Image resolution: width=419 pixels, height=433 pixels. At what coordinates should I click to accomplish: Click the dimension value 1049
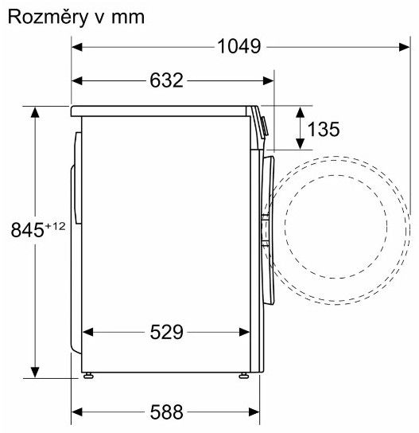(x=239, y=46)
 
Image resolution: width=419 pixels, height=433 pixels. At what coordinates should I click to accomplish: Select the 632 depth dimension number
(x=166, y=80)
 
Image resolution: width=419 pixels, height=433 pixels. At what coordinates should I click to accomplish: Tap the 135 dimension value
(x=324, y=129)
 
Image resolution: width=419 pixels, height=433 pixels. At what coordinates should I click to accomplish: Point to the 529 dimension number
(x=166, y=332)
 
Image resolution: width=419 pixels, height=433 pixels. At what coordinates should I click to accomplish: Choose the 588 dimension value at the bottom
(x=166, y=412)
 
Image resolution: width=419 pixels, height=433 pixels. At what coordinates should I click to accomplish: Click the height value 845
(x=27, y=230)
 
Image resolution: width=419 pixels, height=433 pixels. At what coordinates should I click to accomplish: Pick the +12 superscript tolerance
(x=55, y=226)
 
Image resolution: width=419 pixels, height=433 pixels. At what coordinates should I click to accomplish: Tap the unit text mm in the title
(x=128, y=18)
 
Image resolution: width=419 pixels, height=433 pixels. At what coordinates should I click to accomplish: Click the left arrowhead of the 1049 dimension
(x=77, y=47)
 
